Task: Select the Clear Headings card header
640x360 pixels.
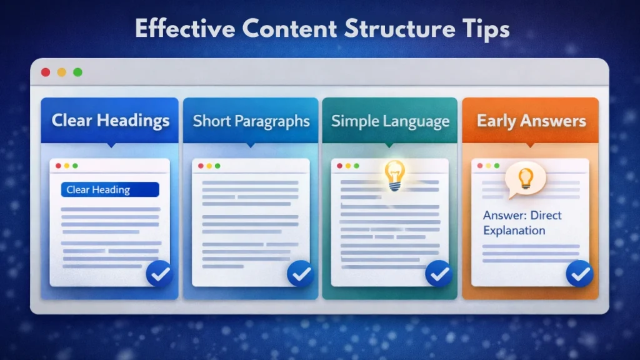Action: (x=111, y=120)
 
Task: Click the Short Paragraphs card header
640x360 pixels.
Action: (x=251, y=121)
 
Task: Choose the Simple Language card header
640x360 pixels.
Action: (x=390, y=121)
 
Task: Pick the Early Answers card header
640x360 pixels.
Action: (x=531, y=121)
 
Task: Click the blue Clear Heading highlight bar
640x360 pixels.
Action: (x=110, y=190)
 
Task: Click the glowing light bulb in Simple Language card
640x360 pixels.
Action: (x=394, y=174)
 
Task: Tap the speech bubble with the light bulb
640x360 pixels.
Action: (x=525, y=180)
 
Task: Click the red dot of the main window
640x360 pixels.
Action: (x=46, y=72)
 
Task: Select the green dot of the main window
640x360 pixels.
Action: (x=77, y=72)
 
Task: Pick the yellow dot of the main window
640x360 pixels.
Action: (x=61, y=72)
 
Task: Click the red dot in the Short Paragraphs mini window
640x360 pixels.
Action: (x=200, y=166)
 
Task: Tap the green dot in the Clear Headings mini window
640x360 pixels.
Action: (x=75, y=166)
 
